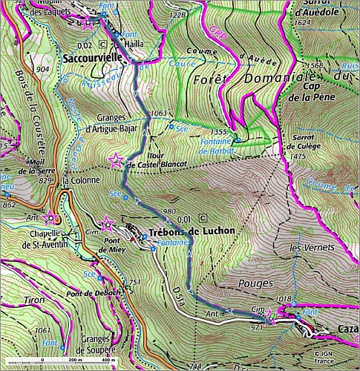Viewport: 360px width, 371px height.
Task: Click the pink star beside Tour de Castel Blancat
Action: pyautogui.click(x=116, y=160)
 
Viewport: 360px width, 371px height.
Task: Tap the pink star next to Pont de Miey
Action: pyautogui.click(x=107, y=220)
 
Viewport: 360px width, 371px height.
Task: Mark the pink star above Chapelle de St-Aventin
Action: pyautogui.click(x=50, y=217)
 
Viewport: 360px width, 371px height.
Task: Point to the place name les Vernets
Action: pyautogui.click(x=306, y=246)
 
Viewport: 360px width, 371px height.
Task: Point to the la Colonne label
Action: pyautogui.click(x=81, y=180)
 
